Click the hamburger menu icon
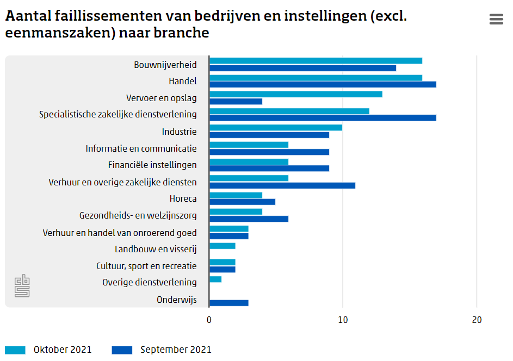496,19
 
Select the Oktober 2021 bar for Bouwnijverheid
316,61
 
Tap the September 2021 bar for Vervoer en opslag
236,101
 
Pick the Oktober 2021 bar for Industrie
276,128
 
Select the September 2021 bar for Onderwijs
229,303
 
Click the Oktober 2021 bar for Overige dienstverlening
215,279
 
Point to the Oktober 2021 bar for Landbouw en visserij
222,246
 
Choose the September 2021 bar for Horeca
242,202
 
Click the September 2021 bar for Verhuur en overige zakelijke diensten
282,185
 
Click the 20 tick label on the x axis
477,320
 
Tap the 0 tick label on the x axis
209,320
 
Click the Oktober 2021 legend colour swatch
15,350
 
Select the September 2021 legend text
176,350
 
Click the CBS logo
22,286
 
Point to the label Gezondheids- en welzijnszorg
138,216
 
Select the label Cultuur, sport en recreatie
146,266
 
